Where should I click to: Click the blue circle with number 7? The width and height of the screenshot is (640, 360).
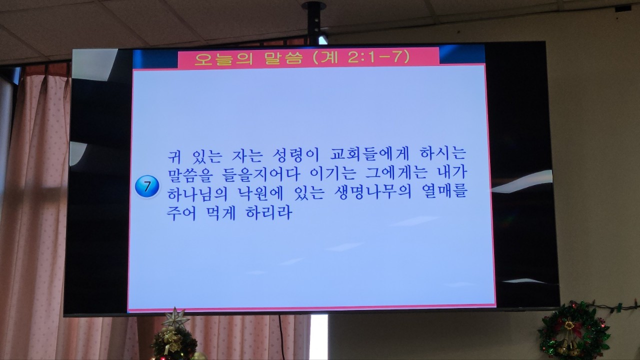pyautogui.click(x=147, y=186)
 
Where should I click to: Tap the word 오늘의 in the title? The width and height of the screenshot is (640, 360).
pyautogui.click(x=223, y=58)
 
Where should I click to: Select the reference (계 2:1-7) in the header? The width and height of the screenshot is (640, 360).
pyautogui.click(x=361, y=57)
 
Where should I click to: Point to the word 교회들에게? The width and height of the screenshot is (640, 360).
pyautogui.click(x=369, y=154)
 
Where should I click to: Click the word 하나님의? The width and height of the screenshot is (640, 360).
pyautogui.click(x=197, y=193)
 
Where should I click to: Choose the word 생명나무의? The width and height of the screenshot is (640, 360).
pyautogui.click(x=372, y=193)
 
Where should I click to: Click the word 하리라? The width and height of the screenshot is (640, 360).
pyautogui.click(x=269, y=212)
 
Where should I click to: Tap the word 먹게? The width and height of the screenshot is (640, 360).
pyautogui.click(x=220, y=213)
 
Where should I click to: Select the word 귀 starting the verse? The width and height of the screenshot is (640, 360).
pyautogui.click(x=174, y=155)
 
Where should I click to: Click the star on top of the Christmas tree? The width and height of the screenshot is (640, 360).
pyautogui.click(x=175, y=318)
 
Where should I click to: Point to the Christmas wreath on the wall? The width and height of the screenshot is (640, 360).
pyautogui.click(x=573, y=330)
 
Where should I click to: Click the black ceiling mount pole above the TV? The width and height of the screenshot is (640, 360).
pyautogui.click(x=313, y=22)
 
